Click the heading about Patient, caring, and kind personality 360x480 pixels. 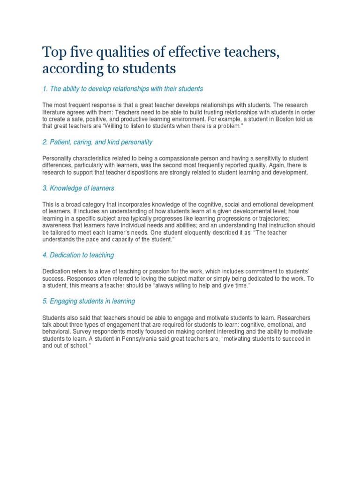(97, 142)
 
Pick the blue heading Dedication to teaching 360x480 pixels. (78, 255)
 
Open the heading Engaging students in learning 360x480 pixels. (89, 301)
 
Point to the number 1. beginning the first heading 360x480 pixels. (45, 89)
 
